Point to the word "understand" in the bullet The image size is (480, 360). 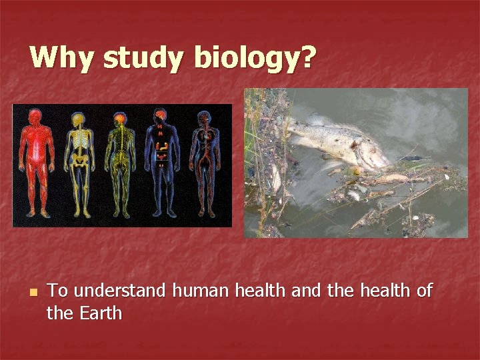coord(121,291)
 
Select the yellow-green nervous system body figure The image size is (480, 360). coord(120,163)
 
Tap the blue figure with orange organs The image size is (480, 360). coord(161,163)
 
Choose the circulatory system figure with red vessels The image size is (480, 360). coord(203,163)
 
